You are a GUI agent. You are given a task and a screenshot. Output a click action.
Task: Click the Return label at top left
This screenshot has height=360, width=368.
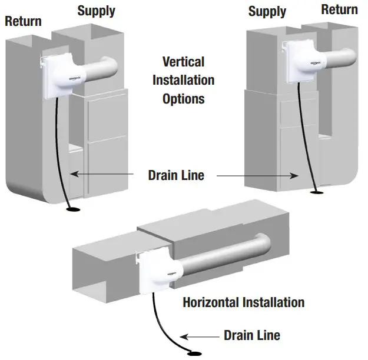24,21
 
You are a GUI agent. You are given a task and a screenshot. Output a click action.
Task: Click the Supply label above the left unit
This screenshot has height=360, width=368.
97,11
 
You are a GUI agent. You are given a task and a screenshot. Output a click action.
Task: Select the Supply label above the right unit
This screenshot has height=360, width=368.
268,11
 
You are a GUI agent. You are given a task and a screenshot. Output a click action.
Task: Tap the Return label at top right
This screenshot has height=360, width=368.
339,9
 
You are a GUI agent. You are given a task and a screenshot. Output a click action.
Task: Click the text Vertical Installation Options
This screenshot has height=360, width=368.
183,80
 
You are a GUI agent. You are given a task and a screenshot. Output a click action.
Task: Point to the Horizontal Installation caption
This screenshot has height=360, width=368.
243,302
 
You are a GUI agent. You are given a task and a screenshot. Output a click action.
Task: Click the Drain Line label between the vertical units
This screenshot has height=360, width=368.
175,175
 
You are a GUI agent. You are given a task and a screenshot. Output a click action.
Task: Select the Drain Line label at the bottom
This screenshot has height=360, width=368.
252,335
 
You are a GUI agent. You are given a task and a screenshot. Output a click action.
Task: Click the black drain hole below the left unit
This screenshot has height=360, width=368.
74,208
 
